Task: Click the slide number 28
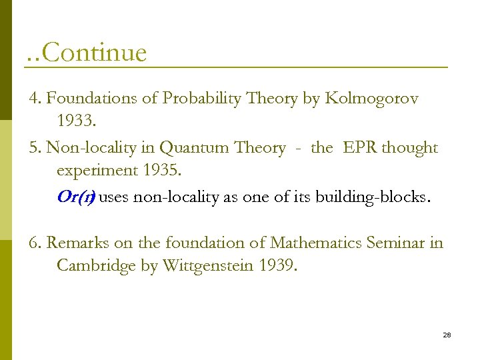tap(447, 335)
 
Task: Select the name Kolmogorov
tap(371, 99)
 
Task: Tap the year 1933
tap(75, 121)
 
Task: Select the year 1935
tap(161, 170)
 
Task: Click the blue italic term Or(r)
tap(76, 197)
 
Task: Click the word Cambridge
tap(97, 265)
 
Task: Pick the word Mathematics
tap(309, 243)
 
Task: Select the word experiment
tap(97, 171)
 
